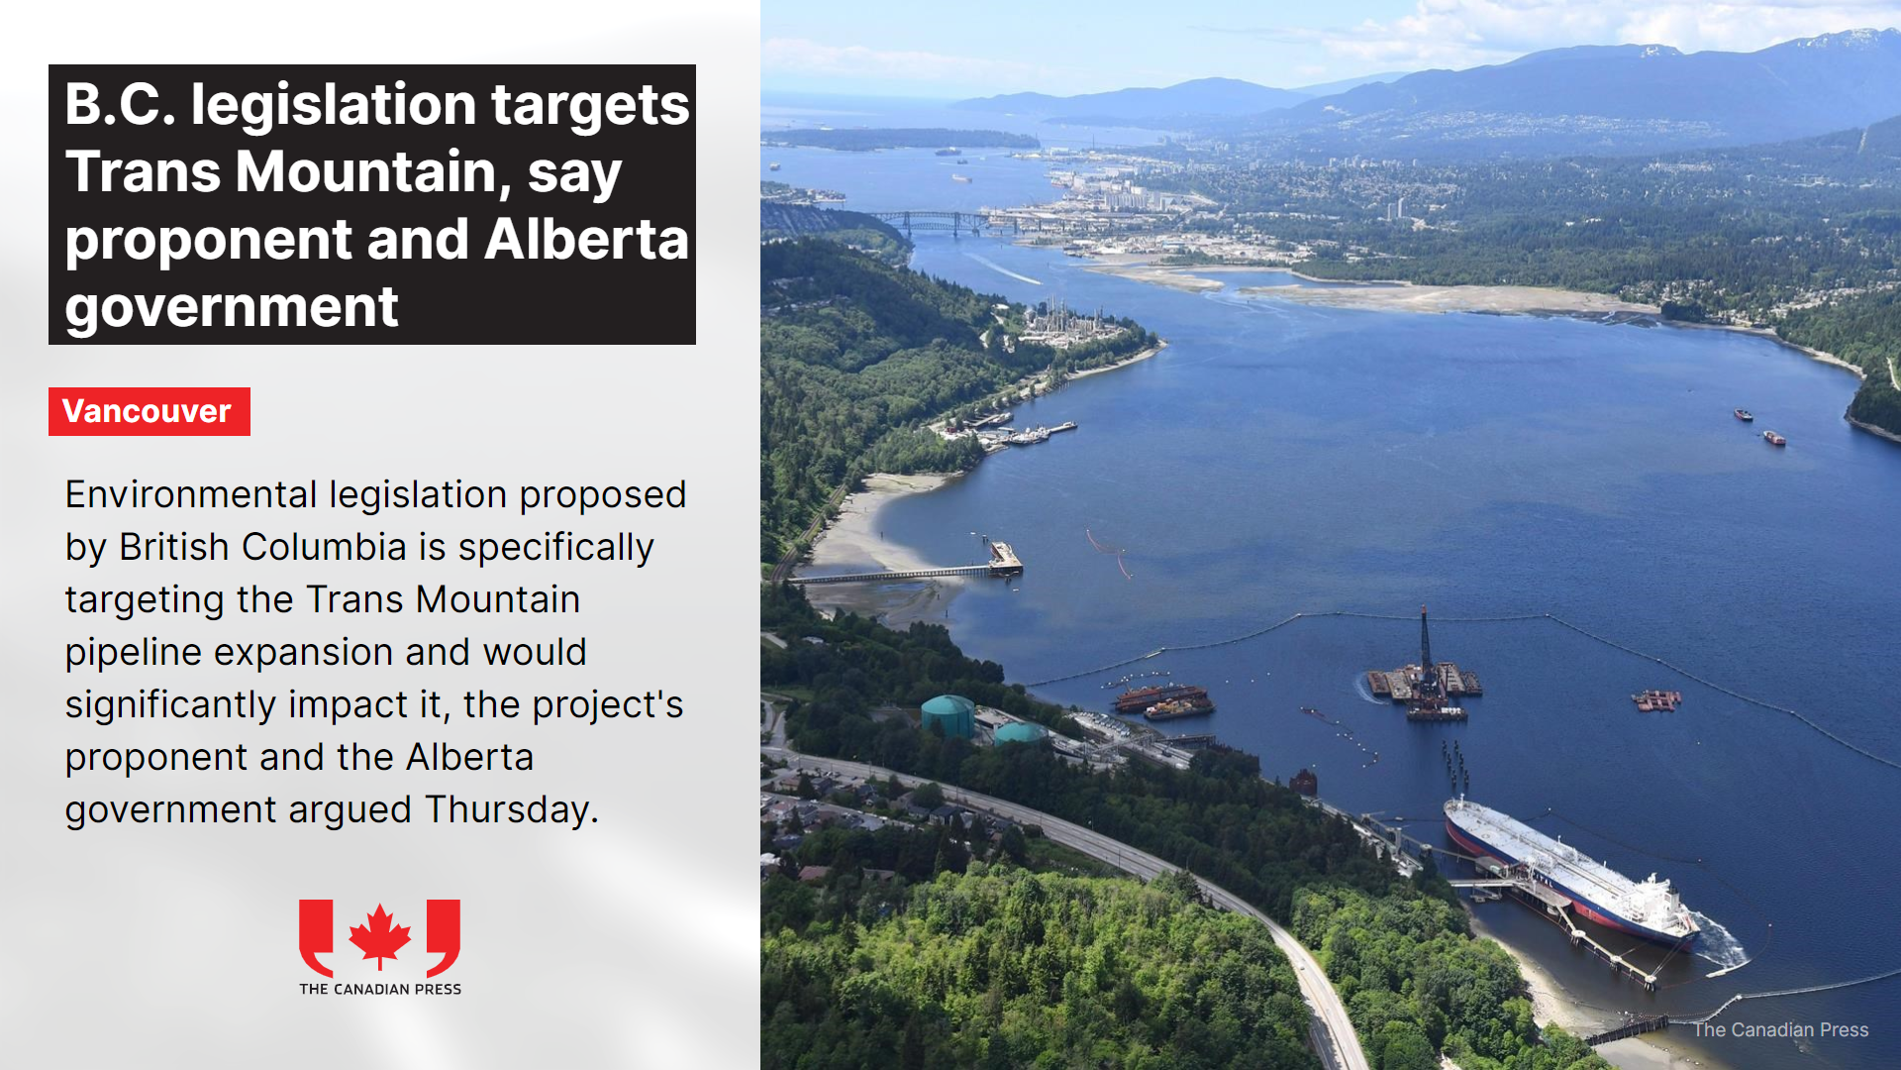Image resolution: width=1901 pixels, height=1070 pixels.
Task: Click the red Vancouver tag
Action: coord(150,411)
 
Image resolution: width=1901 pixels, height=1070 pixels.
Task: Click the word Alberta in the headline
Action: coord(586,240)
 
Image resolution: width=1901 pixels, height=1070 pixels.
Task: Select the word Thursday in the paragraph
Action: coord(512,810)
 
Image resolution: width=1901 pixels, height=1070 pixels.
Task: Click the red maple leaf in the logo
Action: coord(380,934)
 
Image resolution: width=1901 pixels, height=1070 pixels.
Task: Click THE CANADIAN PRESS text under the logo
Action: coord(380,989)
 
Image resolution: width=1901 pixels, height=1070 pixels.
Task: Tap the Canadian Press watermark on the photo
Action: coord(1780,1029)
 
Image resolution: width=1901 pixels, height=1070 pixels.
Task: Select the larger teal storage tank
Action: coord(948,714)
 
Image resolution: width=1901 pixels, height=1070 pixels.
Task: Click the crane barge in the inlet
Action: coord(1425,675)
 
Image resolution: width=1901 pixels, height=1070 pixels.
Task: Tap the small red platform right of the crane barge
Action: coord(1656,700)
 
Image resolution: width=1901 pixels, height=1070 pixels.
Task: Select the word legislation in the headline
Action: coord(334,105)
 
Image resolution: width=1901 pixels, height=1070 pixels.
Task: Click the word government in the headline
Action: coord(232,307)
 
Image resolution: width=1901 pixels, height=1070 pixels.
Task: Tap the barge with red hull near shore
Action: coord(1164,699)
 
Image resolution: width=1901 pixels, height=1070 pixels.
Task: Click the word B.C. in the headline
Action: coord(120,105)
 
